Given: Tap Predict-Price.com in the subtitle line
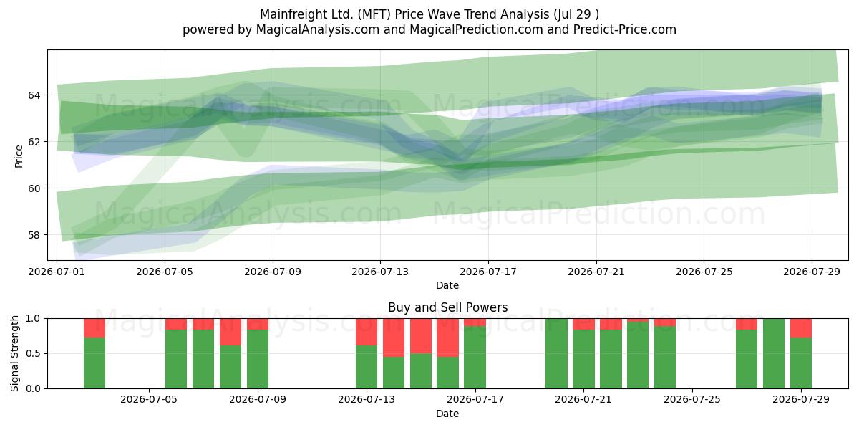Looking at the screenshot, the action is point(625,29).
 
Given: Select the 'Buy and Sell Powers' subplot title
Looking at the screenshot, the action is point(447,307).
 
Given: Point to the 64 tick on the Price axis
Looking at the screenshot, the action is point(34,95).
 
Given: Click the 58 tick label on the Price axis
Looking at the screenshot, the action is point(34,235).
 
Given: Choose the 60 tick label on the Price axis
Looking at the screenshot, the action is point(34,188).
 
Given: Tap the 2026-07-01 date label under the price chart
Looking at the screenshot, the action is point(57,272).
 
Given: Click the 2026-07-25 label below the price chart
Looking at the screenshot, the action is point(704,272).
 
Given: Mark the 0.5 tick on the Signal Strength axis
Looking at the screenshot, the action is point(33,353).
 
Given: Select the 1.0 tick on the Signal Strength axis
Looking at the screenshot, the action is point(33,319).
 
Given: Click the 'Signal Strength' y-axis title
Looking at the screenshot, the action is point(14,353).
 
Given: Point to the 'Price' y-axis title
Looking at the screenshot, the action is point(19,156).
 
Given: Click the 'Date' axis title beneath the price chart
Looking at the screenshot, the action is point(447,285).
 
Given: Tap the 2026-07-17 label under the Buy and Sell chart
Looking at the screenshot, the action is point(475,399).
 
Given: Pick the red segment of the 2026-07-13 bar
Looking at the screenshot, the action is point(367,332).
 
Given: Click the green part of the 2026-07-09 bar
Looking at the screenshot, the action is point(258,359).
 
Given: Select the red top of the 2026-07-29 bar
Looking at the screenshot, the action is point(801,328).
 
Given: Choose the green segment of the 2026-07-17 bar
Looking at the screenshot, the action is point(475,358).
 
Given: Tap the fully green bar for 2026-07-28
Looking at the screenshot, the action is point(774,353).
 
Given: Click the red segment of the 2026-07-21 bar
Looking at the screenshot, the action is point(583,325).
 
